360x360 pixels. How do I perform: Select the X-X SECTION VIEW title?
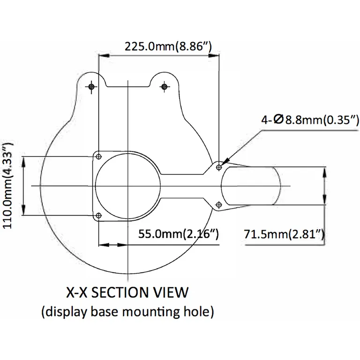tap(127, 292)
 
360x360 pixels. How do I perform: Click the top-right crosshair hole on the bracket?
tap(165, 86)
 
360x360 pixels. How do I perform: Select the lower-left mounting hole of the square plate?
tap(98, 215)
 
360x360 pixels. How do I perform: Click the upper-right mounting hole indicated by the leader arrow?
tap(219, 167)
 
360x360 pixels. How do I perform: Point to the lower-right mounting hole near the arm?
tap(219, 204)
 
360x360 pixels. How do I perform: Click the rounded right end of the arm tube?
tap(279, 186)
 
